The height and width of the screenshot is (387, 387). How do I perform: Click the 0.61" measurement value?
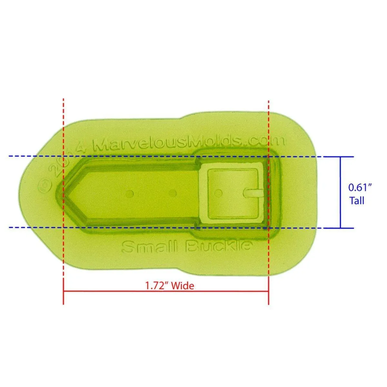[x=360, y=188]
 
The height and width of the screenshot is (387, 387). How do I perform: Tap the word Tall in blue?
[x=357, y=201]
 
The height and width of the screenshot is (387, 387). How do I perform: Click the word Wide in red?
[x=183, y=286]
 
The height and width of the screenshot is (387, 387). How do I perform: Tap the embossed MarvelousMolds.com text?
[x=189, y=143]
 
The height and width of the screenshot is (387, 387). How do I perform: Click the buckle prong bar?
[x=253, y=193]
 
